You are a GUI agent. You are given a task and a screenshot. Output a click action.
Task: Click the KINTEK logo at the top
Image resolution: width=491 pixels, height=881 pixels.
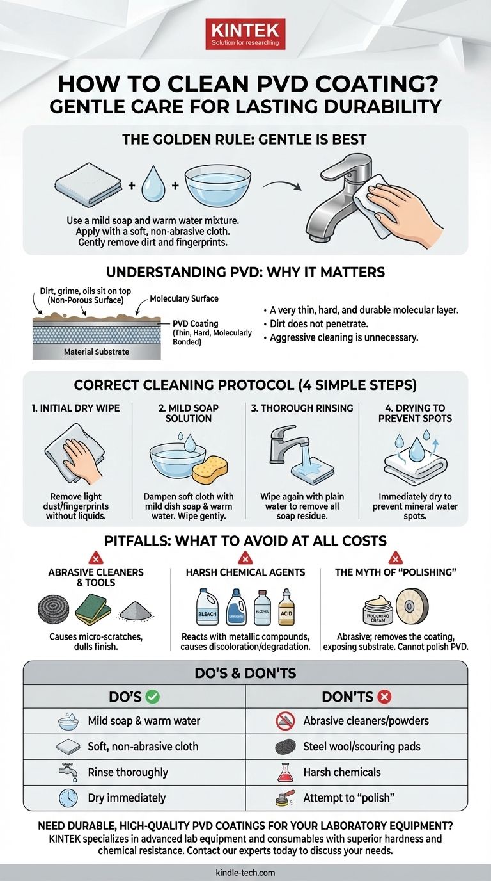click(x=245, y=34)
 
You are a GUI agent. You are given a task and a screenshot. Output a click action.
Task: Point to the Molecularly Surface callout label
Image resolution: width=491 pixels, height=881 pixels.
click(x=183, y=299)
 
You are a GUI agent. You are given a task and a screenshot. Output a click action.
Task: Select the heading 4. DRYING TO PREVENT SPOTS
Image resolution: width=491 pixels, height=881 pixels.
click(x=415, y=413)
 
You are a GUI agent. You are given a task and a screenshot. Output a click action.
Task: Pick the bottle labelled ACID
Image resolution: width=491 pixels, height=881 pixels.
click(x=287, y=607)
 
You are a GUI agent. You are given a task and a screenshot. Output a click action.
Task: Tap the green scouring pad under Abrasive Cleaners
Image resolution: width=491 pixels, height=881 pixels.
click(x=94, y=608)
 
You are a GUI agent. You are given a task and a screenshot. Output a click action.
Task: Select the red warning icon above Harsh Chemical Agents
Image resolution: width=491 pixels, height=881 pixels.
click(x=245, y=557)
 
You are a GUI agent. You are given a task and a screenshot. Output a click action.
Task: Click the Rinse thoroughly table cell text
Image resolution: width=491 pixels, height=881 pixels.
click(x=129, y=772)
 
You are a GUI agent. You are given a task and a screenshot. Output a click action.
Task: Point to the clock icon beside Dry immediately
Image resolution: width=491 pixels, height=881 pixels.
click(x=68, y=798)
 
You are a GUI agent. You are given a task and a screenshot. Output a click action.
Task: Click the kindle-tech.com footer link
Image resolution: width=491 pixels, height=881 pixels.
click(x=245, y=872)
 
